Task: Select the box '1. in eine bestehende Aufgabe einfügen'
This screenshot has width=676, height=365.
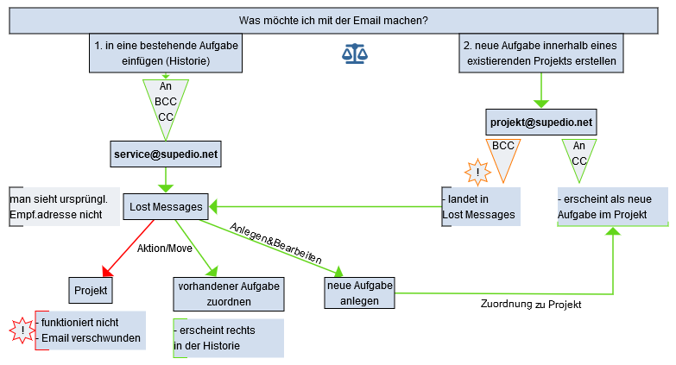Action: (x=166, y=53)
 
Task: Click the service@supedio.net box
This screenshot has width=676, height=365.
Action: (x=166, y=154)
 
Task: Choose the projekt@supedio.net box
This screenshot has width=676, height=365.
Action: (x=541, y=123)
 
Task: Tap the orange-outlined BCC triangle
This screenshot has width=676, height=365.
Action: (x=503, y=154)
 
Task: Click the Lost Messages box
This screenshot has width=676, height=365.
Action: (x=166, y=206)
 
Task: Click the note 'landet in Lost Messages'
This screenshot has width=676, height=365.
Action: (x=480, y=207)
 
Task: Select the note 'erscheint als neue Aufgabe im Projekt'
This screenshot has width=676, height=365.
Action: (x=611, y=207)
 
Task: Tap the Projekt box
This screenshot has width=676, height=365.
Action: (x=91, y=291)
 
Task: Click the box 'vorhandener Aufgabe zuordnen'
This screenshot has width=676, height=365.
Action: (x=217, y=293)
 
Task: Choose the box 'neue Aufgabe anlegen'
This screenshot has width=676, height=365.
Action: (x=360, y=293)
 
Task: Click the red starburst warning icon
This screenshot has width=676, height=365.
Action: (x=22, y=330)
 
